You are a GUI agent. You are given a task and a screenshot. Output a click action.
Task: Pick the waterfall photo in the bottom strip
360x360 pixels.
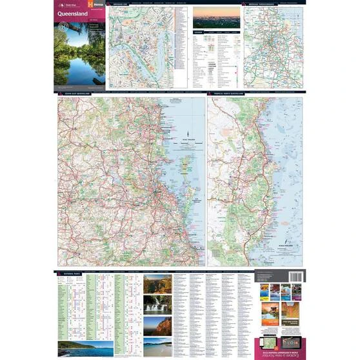pyautogui.click(x=158, y=304)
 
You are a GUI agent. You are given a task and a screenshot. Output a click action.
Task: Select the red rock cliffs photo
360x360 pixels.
pyautogui.click(x=158, y=326)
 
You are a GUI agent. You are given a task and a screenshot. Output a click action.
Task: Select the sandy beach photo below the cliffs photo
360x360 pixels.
pyautogui.click(x=158, y=346)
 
